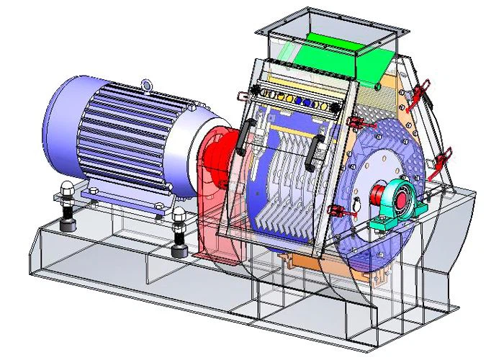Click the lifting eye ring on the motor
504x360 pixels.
[x=148, y=86]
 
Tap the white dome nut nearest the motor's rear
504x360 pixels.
[x=66, y=189]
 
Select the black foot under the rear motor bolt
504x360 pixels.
[x=70, y=226]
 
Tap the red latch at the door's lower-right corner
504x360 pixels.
[x=336, y=210]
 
